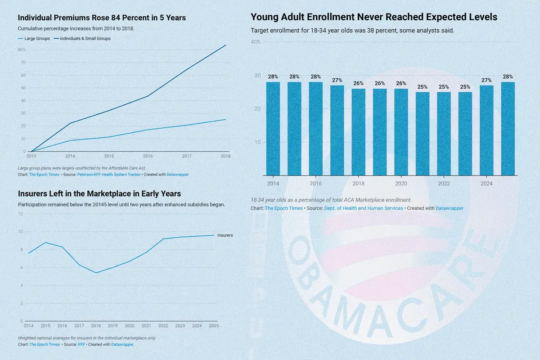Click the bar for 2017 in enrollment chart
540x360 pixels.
tap(337, 130)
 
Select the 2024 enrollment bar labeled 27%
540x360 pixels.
tap(486, 130)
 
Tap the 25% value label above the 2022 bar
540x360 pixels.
tap(444, 87)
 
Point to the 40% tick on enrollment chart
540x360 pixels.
tap(256, 42)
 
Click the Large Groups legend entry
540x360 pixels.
tap(34, 39)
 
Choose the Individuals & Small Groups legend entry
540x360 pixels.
tap(82, 39)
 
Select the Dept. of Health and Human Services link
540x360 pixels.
tap(364, 208)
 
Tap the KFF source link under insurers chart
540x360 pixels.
tap(81, 344)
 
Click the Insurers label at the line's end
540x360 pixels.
tap(225, 235)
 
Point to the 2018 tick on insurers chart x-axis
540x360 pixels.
tap(96, 326)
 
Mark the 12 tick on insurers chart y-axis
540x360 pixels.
tap(21, 214)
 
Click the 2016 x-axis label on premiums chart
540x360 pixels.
tap(148, 156)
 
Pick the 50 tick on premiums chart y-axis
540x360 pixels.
tap(22, 88)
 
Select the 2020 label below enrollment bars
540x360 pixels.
tap(401, 184)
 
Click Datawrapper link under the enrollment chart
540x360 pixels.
tap(450, 208)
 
